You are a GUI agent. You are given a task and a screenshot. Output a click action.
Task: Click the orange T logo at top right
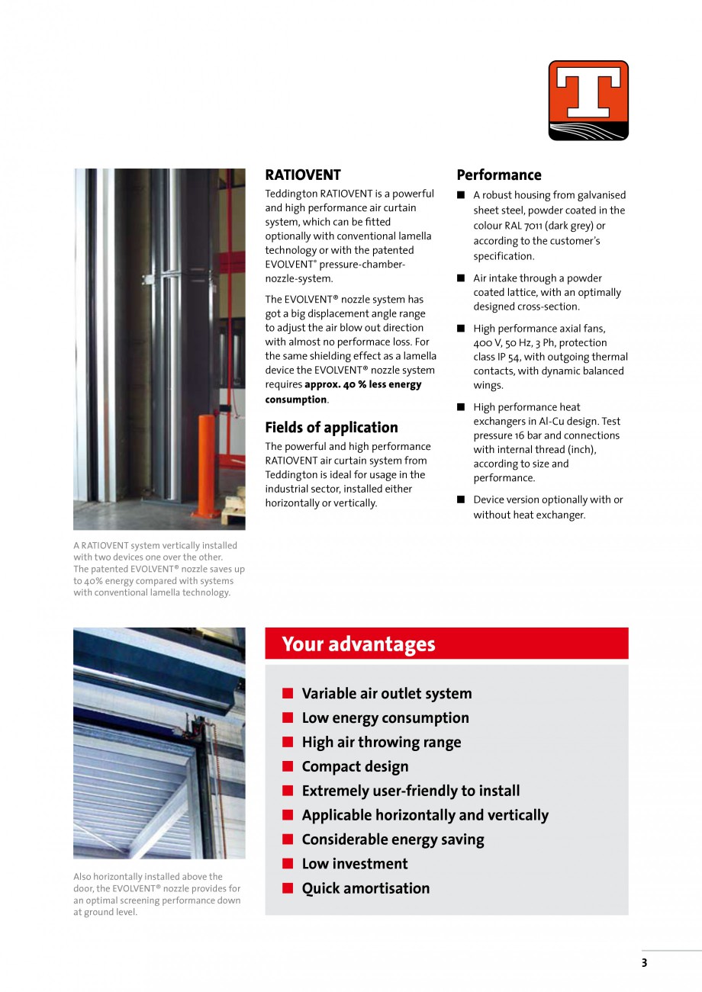coord(588,100)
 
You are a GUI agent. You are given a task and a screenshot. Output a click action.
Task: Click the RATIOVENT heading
coord(302,175)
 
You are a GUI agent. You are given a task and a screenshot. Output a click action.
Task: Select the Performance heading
coord(498,175)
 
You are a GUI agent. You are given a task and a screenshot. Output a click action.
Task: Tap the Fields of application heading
coord(331,427)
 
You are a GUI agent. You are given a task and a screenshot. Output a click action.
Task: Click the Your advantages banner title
coord(358,644)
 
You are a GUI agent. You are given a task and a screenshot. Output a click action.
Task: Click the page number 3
coord(644,963)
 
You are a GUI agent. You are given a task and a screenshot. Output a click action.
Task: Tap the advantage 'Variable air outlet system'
coord(386,694)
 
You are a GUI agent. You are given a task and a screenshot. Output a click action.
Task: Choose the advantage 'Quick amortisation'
coord(365,888)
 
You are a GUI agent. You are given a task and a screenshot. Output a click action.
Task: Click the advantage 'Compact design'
coord(355,767)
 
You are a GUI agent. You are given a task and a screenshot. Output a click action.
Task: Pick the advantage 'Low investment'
coord(355,864)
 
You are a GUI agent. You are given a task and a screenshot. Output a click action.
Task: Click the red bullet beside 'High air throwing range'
coord(288,743)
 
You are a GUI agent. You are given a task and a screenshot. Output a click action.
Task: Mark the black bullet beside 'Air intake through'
coord(461,278)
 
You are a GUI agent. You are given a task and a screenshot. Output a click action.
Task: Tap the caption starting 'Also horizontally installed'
coord(156,894)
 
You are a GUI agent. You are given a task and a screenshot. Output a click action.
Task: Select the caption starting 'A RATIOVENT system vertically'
coord(159,569)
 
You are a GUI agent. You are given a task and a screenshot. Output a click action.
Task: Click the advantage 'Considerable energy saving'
coord(392,840)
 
